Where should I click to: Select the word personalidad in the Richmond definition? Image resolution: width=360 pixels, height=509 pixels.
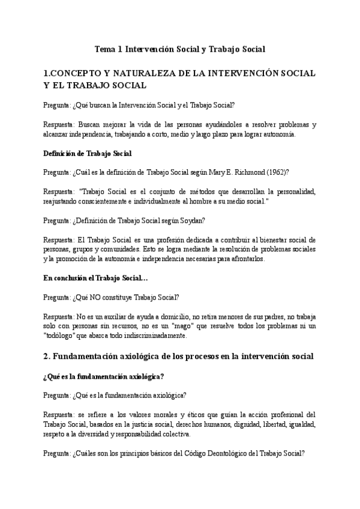pyautogui.click(x=295, y=191)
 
